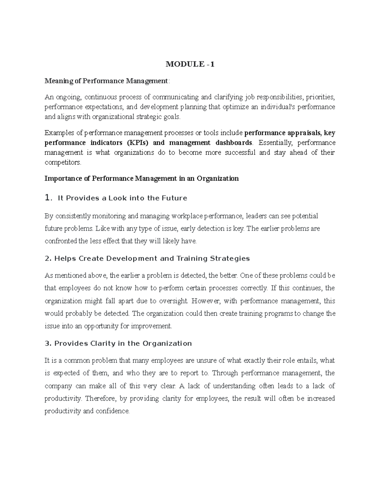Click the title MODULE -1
190,64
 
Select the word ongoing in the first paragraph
69,97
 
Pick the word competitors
63,163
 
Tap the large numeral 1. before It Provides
48,198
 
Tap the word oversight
173,301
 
